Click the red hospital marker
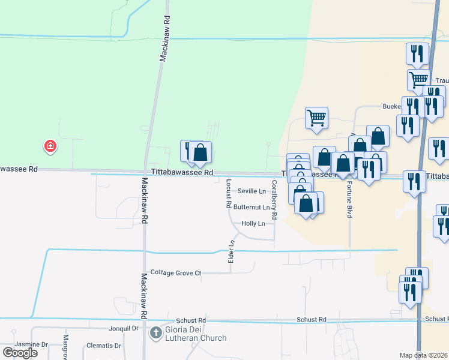coord(50,146)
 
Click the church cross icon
coord(155,332)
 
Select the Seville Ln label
coord(252,191)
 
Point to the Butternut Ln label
coord(252,207)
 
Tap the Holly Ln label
coord(253,223)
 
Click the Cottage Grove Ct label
coord(175,273)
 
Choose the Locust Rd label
coord(229,193)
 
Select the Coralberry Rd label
coord(274,199)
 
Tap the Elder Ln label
coord(231,251)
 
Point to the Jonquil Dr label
coord(124,329)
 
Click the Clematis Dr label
coord(103,346)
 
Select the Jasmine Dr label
coord(31,344)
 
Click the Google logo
coord(20,352)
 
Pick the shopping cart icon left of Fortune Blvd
coord(316,118)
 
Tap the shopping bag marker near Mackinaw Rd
coord(201,154)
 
